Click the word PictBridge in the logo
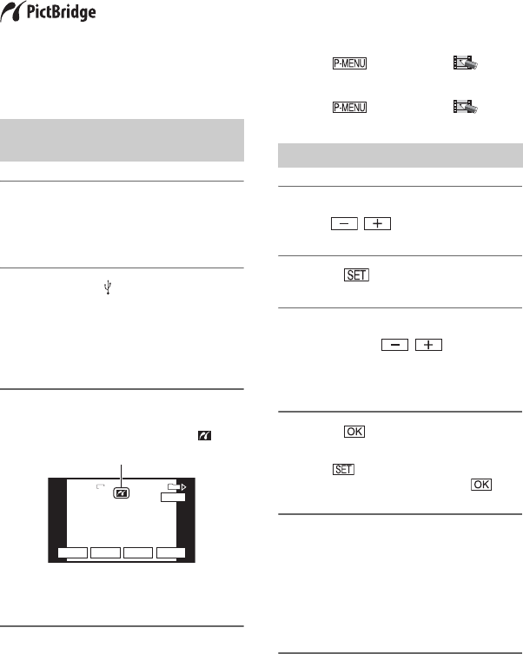pos(62,12)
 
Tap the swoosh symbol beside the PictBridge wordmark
pos(11,11)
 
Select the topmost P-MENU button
pos(349,63)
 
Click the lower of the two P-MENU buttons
pos(349,107)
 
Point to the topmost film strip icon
pos(466,63)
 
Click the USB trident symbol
pos(108,287)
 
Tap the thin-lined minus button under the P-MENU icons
pos(345,223)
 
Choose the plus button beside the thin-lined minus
pos(377,223)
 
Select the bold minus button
pos(395,345)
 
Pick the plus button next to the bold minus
pos(429,345)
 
